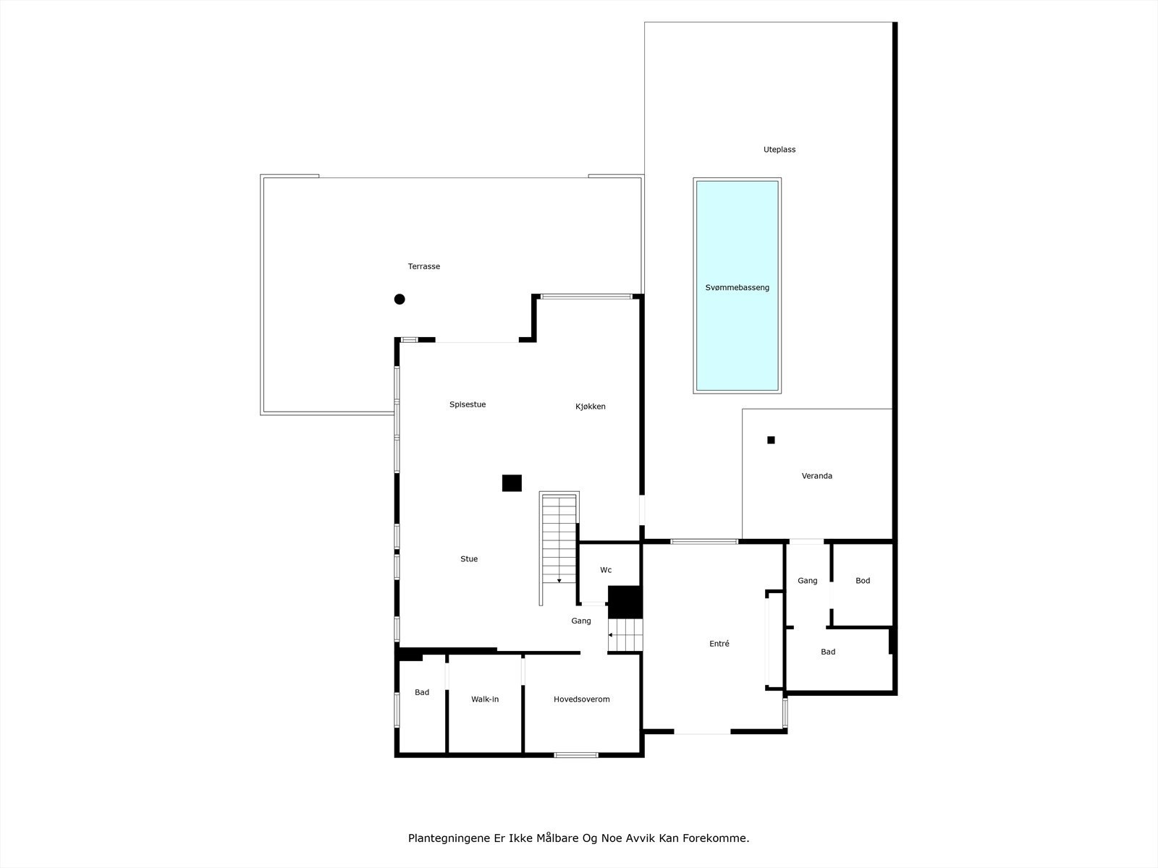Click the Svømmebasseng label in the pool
[737, 288]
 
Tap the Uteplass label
[779, 150]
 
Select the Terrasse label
[424, 267]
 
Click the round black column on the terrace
[400, 299]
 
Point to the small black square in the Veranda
[771, 440]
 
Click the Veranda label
[816, 476]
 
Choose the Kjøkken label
[591, 407]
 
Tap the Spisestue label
[468, 405]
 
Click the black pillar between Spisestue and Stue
[512, 483]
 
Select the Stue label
[469, 559]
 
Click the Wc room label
[606, 570]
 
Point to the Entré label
[719, 644]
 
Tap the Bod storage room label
[863, 581]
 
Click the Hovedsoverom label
[582, 699]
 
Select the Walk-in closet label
[485, 699]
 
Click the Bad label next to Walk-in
[422, 693]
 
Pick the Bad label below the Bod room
[828, 652]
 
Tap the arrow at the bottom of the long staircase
[559, 580]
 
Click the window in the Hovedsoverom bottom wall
[576, 755]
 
